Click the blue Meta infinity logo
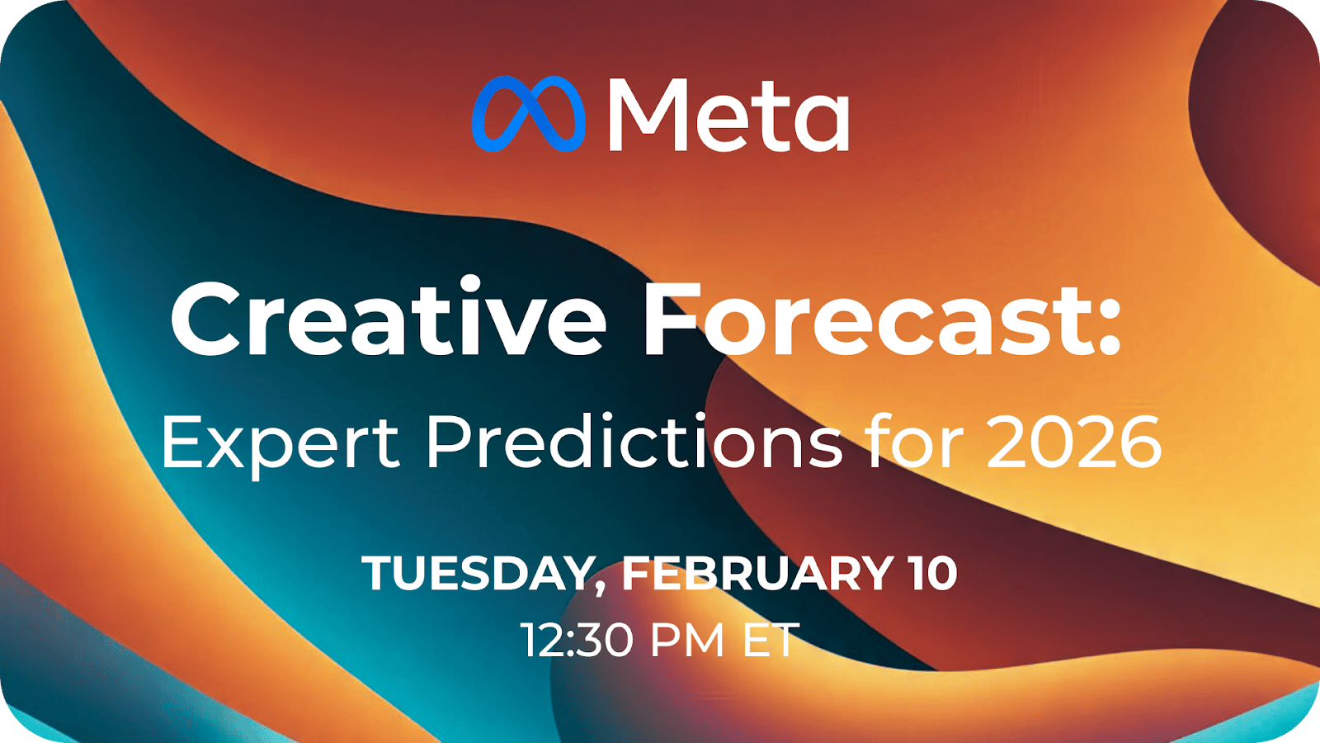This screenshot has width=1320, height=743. pyautogui.click(x=529, y=114)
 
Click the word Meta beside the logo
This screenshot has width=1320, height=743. pyautogui.click(x=728, y=115)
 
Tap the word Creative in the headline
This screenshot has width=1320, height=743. pyautogui.click(x=389, y=318)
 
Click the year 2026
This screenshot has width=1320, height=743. pyautogui.click(x=1073, y=442)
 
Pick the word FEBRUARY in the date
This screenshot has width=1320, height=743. pyautogui.click(x=757, y=573)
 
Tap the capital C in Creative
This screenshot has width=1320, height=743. pyautogui.click(x=206, y=319)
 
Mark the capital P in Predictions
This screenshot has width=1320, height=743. pyautogui.click(x=450, y=442)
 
